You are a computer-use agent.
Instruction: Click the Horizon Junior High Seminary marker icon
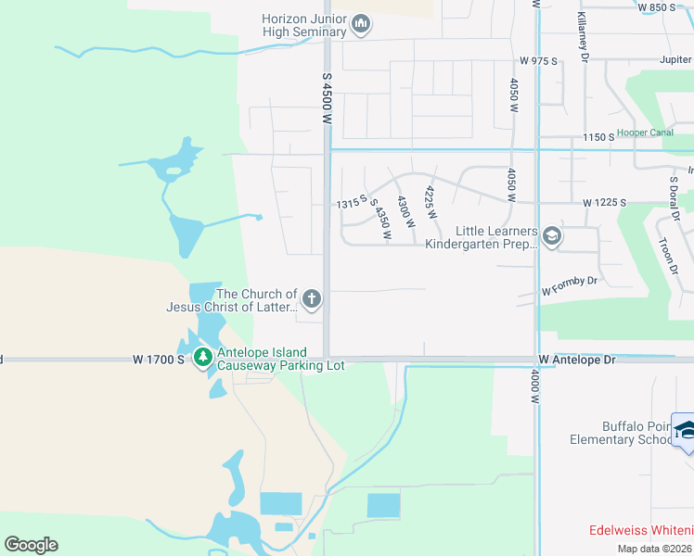361,25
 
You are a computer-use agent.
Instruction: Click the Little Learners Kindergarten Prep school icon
552,237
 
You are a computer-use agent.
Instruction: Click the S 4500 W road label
327,99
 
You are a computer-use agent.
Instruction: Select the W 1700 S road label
159,359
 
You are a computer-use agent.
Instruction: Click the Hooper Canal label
645,133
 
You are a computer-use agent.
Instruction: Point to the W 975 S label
538,61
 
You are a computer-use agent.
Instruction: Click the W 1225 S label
605,202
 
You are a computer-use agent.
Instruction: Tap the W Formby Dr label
571,284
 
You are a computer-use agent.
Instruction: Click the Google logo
31,545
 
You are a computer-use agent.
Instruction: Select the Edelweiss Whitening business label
640,530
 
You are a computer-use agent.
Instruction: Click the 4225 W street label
431,203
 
